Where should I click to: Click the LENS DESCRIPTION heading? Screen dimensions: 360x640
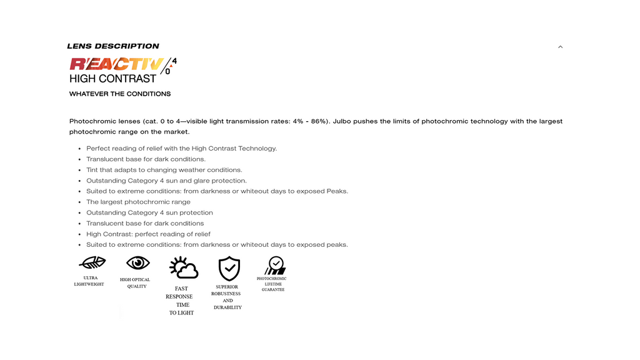[x=113, y=46]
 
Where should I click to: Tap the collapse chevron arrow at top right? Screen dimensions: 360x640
[x=560, y=47]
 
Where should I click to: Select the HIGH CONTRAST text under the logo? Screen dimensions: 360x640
[x=112, y=79]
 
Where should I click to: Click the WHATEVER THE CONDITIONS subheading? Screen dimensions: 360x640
[x=120, y=94]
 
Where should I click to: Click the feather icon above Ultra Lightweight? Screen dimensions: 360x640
[x=92, y=262]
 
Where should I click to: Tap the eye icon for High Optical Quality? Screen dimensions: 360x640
[x=137, y=262]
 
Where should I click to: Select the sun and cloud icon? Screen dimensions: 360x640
[x=183, y=267]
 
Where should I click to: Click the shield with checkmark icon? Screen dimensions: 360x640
[x=229, y=268]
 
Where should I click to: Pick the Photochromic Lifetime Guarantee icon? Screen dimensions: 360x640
[x=274, y=266]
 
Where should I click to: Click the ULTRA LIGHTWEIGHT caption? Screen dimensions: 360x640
[x=89, y=281]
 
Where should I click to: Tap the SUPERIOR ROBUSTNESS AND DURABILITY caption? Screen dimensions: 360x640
[x=226, y=297]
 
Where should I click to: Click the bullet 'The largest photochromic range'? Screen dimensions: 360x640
[x=138, y=202]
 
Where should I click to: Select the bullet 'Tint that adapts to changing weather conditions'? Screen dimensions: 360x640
[x=164, y=170]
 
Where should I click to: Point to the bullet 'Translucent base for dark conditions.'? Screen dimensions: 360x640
[x=146, y=159]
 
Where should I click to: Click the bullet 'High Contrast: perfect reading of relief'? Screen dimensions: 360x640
[x=148, y=234]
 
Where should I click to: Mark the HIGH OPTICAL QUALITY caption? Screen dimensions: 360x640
[x=135, y=283]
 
